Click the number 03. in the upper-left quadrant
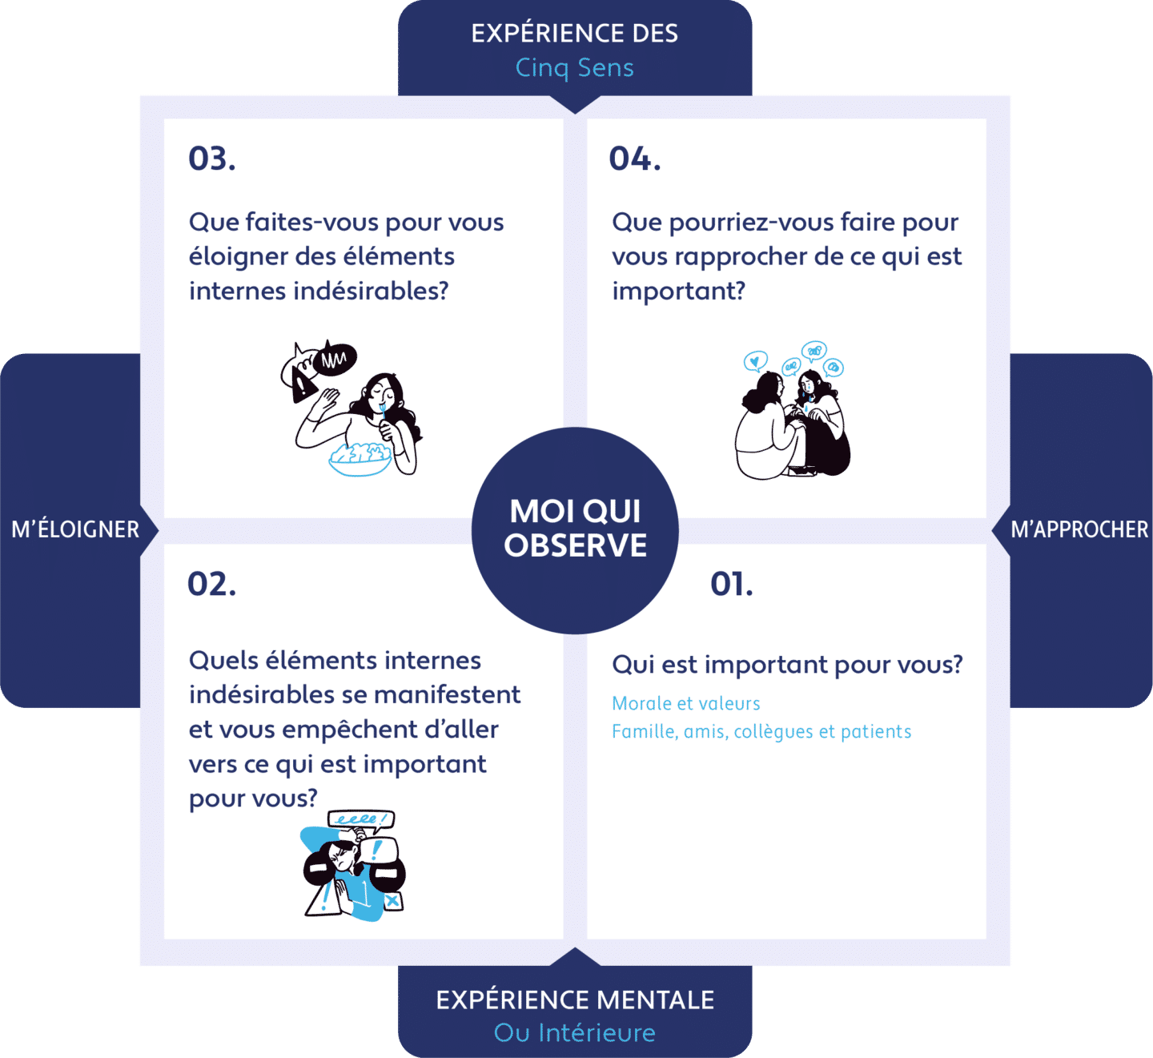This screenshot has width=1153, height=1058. tap(212, 159)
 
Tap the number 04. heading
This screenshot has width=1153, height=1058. tap(635, 159)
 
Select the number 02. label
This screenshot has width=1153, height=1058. tap(212, 584)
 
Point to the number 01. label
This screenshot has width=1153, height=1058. tap(732, 584)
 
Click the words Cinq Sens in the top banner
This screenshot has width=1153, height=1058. tap(575, 68)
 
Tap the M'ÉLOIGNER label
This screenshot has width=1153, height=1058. tap(75, 529)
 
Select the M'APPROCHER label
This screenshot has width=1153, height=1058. tap(1079, 529)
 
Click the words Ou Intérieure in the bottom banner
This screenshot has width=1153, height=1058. tap(575, 1032)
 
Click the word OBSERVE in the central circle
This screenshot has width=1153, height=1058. tap(576, 545)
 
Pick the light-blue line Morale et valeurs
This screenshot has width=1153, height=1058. tap(685, 703)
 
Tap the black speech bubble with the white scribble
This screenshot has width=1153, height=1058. tap(334, 359)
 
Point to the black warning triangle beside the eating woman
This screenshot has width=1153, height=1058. tap(303, 384)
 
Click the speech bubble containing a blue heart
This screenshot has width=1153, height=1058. tap(755, 362)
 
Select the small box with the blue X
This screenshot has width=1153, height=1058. tap(393, 900)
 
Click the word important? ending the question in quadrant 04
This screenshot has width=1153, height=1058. tap(678, 291)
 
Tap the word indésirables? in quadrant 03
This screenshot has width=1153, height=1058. tap(371, 291)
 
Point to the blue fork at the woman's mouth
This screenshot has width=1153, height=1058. tap(383, 412)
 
